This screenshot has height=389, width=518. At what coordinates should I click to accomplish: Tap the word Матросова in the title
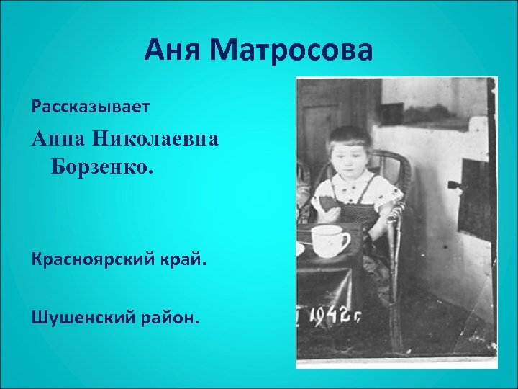click(292, 51)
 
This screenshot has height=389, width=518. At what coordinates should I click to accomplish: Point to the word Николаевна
click(157, 141)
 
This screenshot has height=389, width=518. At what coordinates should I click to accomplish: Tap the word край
click(183, 259)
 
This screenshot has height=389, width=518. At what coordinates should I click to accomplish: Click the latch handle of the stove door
click(454, 185)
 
